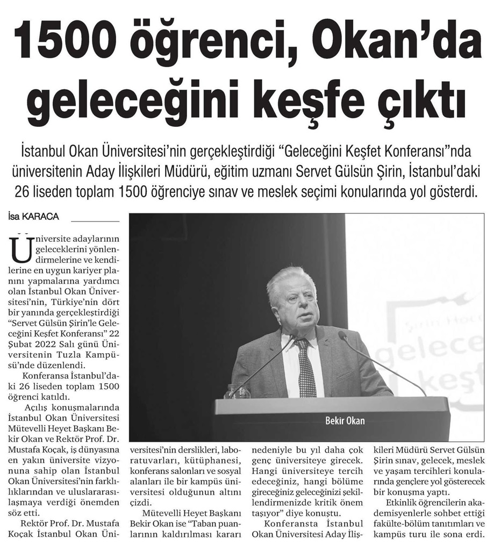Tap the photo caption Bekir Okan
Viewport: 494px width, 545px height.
345,420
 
